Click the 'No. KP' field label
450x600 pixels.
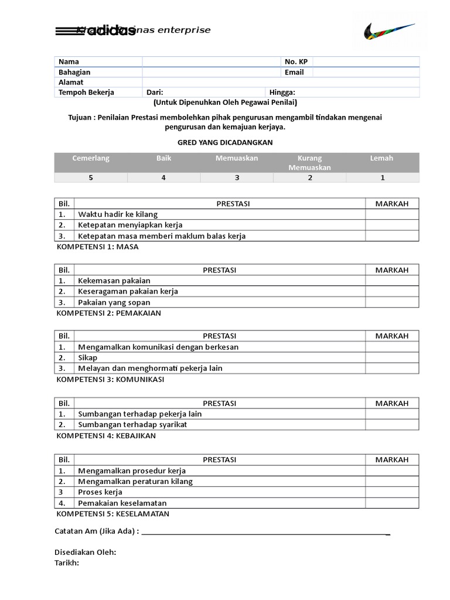pos(296,62)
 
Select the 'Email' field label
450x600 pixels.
pos(294,72)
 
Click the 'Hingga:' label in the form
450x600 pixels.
pos(282,93)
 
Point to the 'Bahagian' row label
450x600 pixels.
pos(74,72)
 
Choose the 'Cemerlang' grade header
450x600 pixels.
pos(91,158)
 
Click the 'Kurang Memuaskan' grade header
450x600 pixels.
pos(309,163)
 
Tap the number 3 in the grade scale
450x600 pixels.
pos(237,178)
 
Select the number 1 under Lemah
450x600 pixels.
pos(383,178)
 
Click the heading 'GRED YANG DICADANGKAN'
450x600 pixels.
pos(225,142)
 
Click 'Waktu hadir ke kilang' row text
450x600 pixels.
pos(118,214)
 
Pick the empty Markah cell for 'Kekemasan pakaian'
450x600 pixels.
pos(392,281)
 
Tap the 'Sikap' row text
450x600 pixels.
pos(88,357)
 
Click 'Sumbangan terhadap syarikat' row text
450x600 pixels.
pos(132,424)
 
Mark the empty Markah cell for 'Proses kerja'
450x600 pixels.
pos(392,492)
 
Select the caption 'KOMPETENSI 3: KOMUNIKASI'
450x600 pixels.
pos(110,380)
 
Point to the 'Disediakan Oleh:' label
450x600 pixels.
pos(85,553)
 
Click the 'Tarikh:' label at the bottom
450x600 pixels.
pos(66,563)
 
